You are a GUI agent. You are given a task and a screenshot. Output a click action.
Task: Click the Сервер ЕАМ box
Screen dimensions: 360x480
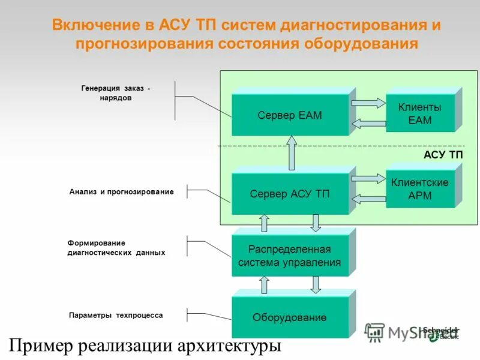290,115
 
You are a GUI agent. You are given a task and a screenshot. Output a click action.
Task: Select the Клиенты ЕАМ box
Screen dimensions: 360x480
420,113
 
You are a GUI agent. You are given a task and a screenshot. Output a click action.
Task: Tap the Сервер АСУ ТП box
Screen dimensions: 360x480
290,194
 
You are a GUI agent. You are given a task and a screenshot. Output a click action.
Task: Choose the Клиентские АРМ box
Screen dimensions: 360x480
420,189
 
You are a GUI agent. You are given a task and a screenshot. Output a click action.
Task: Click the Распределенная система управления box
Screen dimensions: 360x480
290,256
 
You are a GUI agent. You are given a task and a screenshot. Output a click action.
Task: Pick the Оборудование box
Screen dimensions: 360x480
290,317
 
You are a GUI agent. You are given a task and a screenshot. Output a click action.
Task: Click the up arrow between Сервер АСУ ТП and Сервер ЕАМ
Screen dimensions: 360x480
292,153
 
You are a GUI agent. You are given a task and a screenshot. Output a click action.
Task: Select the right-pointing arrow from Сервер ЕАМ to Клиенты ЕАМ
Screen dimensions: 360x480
368,103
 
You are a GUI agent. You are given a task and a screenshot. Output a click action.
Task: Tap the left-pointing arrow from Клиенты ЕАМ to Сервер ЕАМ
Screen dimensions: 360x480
367,124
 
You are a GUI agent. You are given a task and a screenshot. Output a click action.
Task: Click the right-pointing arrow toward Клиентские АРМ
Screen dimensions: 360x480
368,179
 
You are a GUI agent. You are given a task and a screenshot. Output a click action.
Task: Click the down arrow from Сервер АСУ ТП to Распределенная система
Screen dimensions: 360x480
316,223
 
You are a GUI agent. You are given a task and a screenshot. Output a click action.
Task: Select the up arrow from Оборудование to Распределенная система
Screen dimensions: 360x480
264,284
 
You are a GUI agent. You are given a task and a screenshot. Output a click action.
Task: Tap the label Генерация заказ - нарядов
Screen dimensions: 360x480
116,93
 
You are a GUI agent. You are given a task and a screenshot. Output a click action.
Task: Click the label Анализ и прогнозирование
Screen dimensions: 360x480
121,192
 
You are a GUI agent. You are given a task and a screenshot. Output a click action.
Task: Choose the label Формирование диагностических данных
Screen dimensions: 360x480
116,248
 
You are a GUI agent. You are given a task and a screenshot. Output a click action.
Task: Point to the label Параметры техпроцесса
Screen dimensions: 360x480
116,315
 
